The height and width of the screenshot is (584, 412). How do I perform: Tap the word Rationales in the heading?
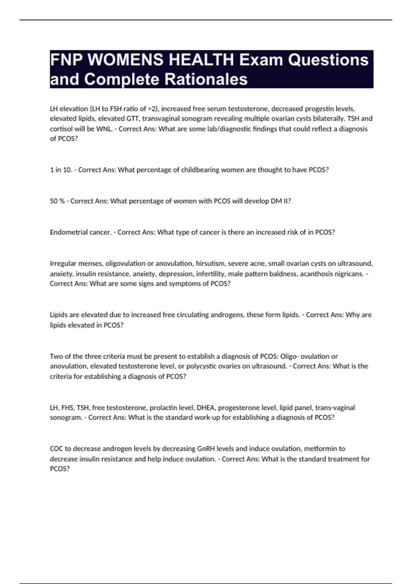click(206, 79)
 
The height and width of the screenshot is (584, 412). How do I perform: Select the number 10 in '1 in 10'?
click(67, 170)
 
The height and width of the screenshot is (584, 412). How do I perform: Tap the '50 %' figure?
click(57, 201)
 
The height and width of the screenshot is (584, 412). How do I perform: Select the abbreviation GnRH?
click(206, 449)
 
